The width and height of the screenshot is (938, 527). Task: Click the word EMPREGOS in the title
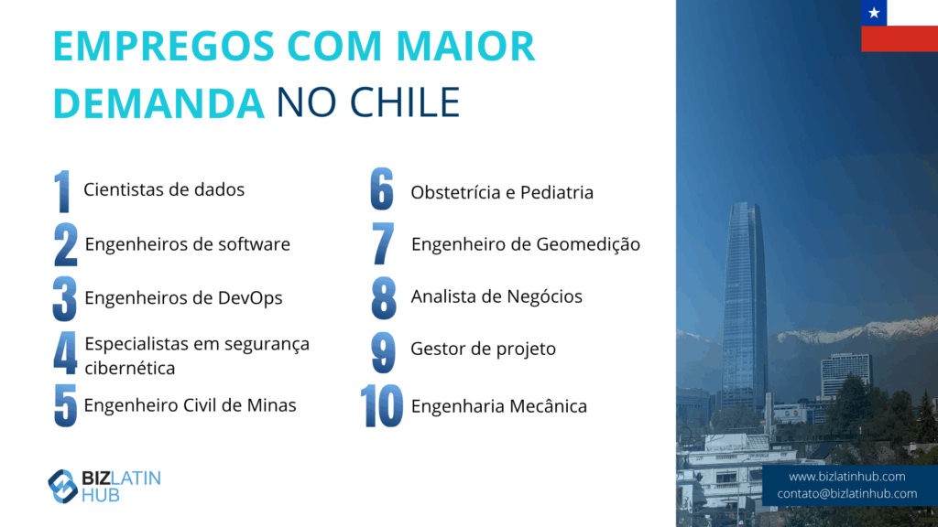tap(163, 46)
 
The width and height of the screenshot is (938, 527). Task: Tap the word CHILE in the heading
tap(404, 102)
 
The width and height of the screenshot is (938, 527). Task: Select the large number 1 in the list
tap(62, 191)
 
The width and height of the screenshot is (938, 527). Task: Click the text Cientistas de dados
tap(164, 189)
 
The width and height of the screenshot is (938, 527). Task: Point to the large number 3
tap(65, 299)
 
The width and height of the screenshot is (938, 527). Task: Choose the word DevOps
tap(249, 298)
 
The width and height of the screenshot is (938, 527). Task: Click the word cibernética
tap(130, 368)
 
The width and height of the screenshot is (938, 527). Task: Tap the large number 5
tap(65, 405)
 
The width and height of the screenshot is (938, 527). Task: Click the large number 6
tap(382, 188)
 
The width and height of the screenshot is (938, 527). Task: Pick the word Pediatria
tap(556, 192)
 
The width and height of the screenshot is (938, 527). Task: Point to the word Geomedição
tap(588, 244)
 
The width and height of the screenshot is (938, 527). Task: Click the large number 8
tap(384, 298)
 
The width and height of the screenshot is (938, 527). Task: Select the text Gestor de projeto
tap(484, 349)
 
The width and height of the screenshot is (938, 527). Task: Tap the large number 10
tap(382, 406)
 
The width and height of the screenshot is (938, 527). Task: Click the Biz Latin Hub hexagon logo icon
tap(62, 487)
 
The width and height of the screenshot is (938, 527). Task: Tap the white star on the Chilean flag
tap(874, 13)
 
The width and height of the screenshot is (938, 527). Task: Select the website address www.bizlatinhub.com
tap(846, 477)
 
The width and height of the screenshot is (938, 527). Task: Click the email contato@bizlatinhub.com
tap(846, 493)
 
